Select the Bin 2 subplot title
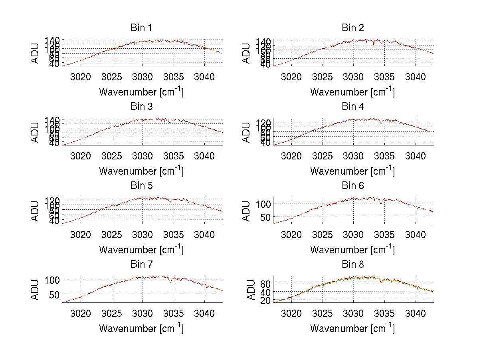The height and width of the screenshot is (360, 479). point(353,28)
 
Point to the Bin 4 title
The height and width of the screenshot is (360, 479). point(353,107)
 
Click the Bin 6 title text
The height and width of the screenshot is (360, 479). point(353,186)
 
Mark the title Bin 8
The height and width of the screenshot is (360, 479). point(353,265)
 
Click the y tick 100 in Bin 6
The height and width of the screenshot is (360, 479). point(264,203)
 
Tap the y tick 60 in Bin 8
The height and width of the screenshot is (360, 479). point(265,283)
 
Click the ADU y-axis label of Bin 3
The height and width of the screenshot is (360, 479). point(36,132)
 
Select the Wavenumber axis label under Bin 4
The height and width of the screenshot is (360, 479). point(352,171)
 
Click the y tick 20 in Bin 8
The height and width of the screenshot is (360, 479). point(265,300)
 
